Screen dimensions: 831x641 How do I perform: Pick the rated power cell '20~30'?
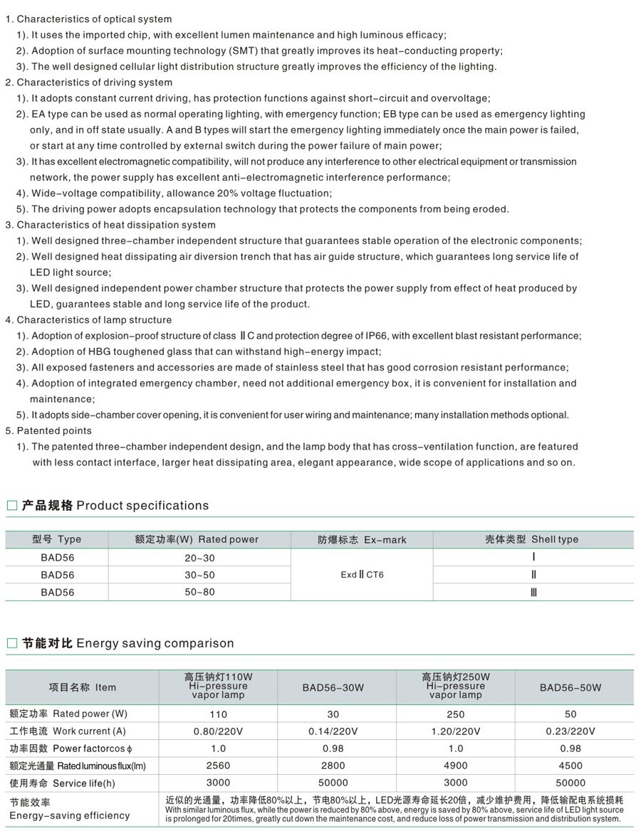(199, 558)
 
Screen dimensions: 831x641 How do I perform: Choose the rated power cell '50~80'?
(199, 592)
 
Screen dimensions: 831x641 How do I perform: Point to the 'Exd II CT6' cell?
(362, 575)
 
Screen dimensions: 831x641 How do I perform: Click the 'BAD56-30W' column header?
(333, 687)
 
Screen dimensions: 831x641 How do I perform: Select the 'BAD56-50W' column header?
(570, 687)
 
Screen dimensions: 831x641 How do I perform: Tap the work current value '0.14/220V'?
(333, 731)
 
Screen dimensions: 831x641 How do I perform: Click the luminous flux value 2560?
(218, 766)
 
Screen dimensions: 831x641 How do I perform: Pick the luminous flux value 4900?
(455, 766)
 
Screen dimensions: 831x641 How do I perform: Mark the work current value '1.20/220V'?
(455, 731)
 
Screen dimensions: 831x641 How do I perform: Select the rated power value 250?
(455, 714)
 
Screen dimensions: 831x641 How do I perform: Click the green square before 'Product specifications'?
(11, 506)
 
